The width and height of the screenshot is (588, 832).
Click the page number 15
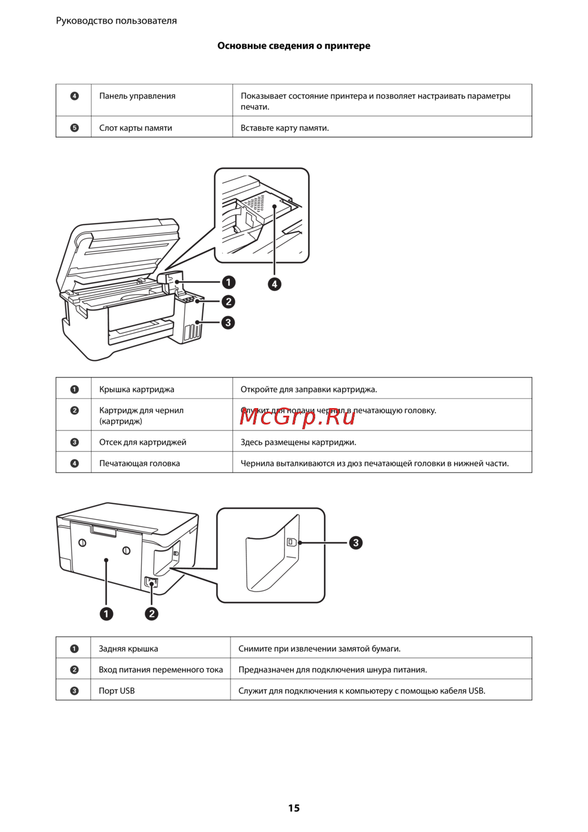294,808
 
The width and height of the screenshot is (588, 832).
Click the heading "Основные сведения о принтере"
293,46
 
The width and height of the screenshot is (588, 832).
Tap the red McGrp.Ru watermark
298,416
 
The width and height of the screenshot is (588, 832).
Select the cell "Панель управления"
137,96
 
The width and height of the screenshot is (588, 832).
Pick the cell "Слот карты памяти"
135,128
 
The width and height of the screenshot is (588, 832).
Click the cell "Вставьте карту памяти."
285,128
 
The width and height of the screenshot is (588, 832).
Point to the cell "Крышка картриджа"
136,389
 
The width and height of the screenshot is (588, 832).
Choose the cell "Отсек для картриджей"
142,442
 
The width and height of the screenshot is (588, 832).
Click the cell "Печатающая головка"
139,463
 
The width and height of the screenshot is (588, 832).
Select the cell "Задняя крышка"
128,649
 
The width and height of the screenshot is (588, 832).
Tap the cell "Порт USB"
116,691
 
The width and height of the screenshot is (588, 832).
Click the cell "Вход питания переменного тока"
161,670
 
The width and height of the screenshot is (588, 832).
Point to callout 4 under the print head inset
274,285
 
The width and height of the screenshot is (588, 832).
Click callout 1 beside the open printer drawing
228,282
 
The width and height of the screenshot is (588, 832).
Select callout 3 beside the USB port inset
356,543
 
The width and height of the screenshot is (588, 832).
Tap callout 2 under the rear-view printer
152,614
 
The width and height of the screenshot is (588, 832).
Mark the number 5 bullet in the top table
75,128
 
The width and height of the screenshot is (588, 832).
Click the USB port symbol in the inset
291,542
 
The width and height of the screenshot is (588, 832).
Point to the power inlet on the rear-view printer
151,583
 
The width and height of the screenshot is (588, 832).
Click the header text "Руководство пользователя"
116,21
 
